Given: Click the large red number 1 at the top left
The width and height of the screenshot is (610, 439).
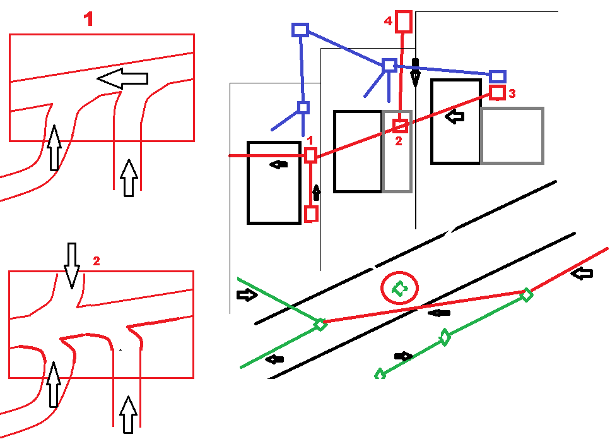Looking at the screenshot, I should click(x=89, y=20).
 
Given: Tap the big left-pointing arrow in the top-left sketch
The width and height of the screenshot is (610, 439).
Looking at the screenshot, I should click(x=122, y=78).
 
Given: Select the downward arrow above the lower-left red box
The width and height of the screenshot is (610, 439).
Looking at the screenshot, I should click(x=72, y=264).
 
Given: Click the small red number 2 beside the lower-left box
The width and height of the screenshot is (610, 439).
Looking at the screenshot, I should click(x=97, y=260).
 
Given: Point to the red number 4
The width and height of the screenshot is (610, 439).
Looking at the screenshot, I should click(x=388, y=21).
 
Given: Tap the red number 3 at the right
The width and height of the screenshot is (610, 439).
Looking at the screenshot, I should click(x=512, y=93).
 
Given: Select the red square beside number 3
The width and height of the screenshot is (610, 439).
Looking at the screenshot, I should click(x=498, y=93).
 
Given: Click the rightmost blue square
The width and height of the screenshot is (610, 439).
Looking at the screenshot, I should click(x=498, y=76).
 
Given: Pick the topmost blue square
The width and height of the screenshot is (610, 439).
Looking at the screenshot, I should click(x=300, y=30).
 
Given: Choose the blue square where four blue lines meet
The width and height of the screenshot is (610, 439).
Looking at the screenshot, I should click(x=389, y=65).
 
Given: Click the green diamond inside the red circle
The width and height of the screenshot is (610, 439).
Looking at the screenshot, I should click(x=399, y=289).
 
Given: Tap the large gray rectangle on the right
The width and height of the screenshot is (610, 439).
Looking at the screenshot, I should click(x=512, y=136).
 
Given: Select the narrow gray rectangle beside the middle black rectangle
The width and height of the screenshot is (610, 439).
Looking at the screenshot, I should click(x=397, y=152).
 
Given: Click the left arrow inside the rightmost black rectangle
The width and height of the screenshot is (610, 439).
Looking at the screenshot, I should click(x=454, y=116).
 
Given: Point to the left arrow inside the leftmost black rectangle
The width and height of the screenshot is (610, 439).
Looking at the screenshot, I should click(x=278, y=164).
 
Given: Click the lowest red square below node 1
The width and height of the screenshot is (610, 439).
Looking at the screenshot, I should click(x=310, y=214).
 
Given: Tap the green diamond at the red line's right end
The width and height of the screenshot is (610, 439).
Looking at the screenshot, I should click(x=525, y=294).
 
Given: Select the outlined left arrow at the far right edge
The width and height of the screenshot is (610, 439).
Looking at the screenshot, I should click(x=585, y=274).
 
